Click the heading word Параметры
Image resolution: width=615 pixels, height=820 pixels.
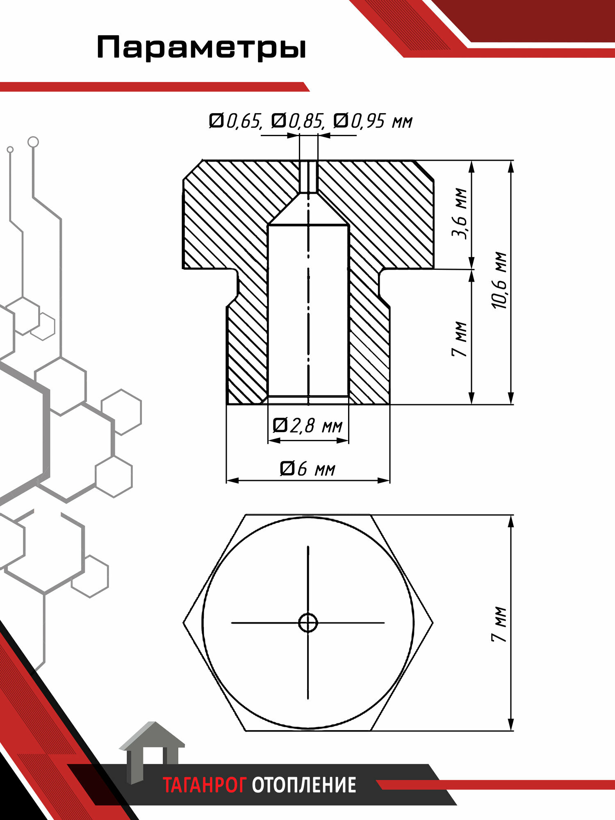pyautogui.click(x=201, y=48)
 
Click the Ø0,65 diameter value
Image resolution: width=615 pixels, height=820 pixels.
pyautogui.click(x=235, y=121)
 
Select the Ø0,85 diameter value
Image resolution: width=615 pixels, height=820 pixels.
pyautogui.click(x=298, y=121)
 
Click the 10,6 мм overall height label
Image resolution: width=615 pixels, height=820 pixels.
pyautogui.click(x=500, y=280)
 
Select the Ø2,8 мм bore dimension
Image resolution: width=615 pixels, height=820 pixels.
pyautogui.click(x=307, y=426)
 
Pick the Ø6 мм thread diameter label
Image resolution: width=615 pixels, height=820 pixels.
pyautogui.click(x=307, y=468)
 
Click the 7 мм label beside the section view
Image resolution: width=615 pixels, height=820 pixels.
pyautogui.click(x=460, y=339)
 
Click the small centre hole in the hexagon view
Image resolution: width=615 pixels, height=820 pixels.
pyautogui.click(x=308, y=623)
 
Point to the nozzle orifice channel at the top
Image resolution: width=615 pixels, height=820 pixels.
pyautogui.click(x=308, y=176)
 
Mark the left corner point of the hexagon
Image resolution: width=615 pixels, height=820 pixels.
pyautogui.click(x=184, y=623)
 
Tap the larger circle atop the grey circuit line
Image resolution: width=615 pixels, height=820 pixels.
pyautogui.click(x=33, y=142)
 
